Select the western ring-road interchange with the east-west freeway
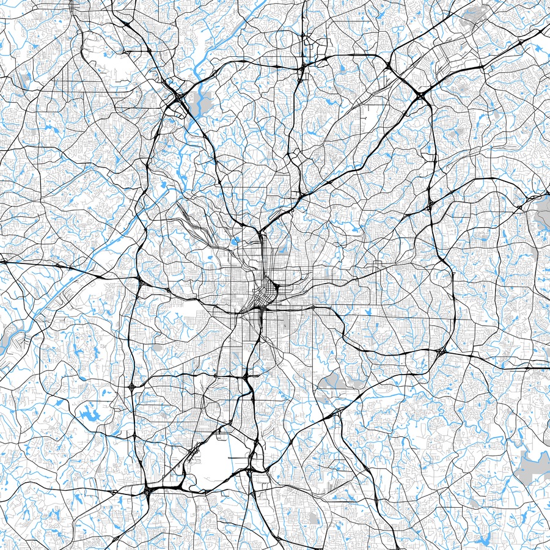(x=141, y=282)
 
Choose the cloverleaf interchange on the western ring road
(x=132, y=386)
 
